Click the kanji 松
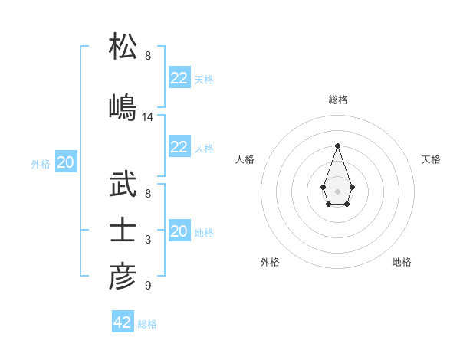pos(123,47)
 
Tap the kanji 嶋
pos(123,106)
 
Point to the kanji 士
pos(123,231)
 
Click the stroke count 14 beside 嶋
pos(148,117)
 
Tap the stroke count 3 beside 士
pos(148,241)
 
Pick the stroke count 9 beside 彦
pos(148,286)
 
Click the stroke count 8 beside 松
pos(148,56)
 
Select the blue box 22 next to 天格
pos(179,78)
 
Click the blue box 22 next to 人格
pos(179,147)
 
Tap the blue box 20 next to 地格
pos(179,231)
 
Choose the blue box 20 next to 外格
pos(65,162)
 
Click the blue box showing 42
pos(123,322)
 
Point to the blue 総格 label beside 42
pos(147,324)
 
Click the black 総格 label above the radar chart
pos(337,100)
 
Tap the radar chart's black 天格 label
pos(432,159)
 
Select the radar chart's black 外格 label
pos(270,262)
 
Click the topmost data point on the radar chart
pos(337,146)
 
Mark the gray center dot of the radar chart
pos(337,191)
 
